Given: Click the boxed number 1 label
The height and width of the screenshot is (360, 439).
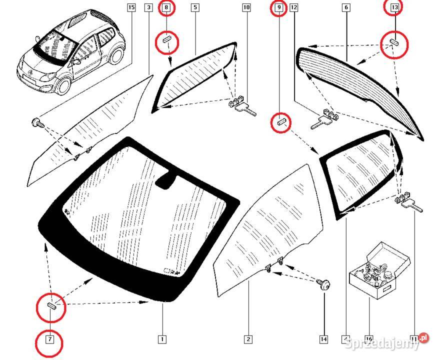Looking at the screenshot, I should [161, 339].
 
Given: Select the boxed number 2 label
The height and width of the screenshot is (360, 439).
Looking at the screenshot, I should [248, 339].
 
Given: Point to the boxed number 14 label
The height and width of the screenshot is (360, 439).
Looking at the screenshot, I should [324, 339].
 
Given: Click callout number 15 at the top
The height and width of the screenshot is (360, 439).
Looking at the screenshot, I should [131, 7].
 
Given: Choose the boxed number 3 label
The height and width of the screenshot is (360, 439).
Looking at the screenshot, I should [148, 7].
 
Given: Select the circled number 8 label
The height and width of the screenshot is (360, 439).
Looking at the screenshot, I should [166, 7].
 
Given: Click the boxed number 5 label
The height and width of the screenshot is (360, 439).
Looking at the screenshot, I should [194, 7].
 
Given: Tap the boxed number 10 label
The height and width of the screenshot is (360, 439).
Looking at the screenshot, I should [246, 7].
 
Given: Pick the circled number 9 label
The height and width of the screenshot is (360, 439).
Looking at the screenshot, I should [278, 7].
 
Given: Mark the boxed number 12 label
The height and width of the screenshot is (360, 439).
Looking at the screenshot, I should [293, 7].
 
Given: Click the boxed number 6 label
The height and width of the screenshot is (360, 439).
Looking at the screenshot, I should [346, 7].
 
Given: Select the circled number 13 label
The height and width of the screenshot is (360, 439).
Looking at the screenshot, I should [395, 7].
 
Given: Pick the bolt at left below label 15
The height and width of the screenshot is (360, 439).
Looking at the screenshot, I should [36, 121].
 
